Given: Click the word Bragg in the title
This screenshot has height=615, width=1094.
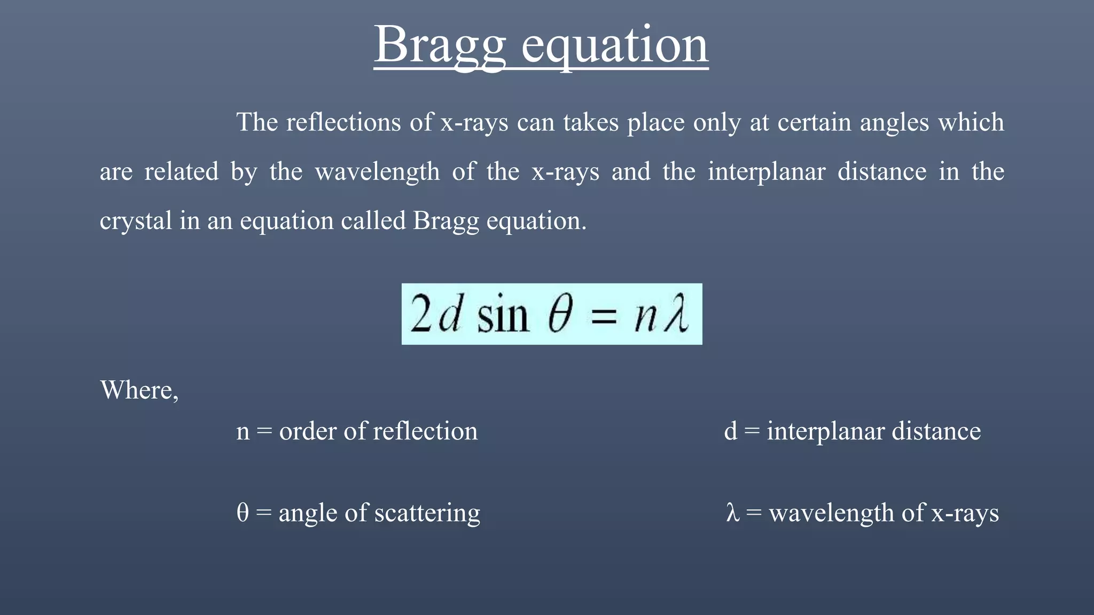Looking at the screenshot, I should (439, 45).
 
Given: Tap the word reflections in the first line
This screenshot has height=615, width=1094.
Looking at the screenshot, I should (343, 122).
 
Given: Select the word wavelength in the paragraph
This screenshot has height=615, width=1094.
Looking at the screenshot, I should (377, 172).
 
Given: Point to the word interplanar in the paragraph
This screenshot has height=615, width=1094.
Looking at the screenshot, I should (767, 172).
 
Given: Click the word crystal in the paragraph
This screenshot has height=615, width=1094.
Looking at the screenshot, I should (136, 221).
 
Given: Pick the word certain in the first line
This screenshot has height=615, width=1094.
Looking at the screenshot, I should (814, 122).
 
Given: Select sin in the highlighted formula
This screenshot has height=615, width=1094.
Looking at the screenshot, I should (503, 315).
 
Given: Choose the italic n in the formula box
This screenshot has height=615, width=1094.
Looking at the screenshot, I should (645, 317).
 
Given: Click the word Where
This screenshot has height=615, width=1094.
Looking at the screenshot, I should (138, 390).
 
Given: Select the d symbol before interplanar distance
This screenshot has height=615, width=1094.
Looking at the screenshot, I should (730, 431).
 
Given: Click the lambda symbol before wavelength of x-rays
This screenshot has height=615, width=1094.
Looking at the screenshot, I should (732, 512).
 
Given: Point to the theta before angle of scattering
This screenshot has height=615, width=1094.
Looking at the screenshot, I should (243, 512).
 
